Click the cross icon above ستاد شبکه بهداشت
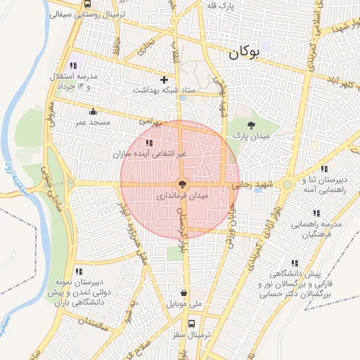165,79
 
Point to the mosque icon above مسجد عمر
93,111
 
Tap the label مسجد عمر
94,122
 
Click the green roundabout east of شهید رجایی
287,185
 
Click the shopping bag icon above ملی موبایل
184,293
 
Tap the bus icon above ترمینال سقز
192,324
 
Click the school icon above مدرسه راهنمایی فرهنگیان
316,213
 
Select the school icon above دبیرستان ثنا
323,169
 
